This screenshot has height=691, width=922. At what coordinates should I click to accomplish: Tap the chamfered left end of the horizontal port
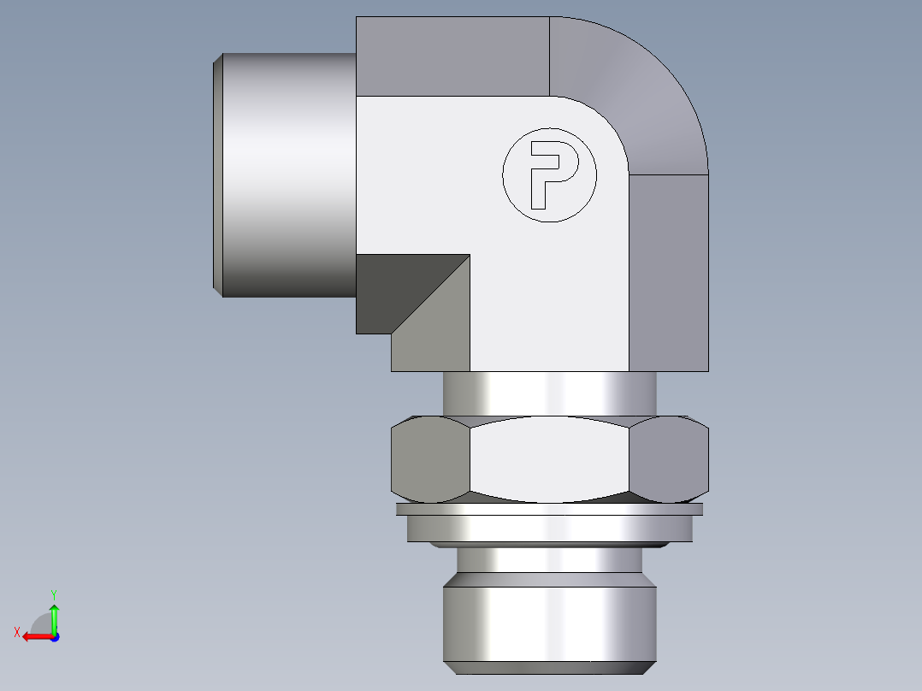(x=218, y=175)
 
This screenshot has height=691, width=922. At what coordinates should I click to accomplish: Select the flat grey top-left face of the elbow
(x=452, y=56)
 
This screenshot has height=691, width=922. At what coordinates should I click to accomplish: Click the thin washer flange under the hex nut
(x=549, y=510)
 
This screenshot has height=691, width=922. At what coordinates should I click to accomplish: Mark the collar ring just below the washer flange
(x=549, y=529)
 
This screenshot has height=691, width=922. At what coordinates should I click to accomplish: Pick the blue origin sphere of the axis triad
(x=54, y=637)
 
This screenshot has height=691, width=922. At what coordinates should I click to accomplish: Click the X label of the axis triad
(x=17, y=632)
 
